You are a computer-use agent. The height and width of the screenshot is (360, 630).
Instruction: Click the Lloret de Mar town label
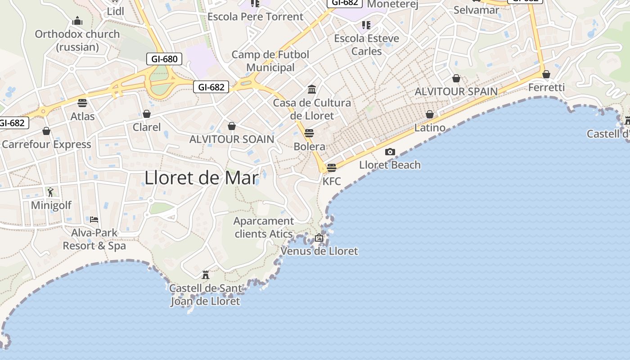coord(202,178)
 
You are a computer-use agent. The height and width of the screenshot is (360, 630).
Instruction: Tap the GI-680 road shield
coord(164,59)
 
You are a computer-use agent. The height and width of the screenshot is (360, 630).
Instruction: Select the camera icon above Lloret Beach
coord(390,152)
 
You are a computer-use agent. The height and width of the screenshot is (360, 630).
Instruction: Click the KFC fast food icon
coord(332,168)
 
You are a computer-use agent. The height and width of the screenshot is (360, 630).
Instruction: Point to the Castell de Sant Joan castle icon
coord(206,274)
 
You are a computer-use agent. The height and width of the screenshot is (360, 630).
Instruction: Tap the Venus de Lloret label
coord(319,251)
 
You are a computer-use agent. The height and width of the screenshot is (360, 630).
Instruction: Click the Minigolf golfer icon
coord(50,192)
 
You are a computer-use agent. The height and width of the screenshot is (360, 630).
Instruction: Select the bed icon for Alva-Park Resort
coord(94,219)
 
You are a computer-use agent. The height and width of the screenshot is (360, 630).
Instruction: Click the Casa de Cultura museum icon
coord(312,89)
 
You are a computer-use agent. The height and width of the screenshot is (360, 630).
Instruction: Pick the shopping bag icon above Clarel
coord(147,114)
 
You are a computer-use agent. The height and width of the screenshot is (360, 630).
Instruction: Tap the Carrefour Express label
coord(46,144)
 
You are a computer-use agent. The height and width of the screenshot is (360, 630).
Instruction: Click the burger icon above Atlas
coord(82,103)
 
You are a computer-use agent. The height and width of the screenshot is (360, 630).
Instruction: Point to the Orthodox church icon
coord(77,21)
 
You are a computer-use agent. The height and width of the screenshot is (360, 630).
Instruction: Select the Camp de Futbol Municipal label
coord(270,61)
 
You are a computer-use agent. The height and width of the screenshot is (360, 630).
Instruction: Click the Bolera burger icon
coord(309,133)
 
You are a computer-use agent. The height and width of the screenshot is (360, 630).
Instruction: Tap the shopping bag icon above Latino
coord(430,114)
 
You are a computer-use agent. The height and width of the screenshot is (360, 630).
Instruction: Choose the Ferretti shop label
coord(546,87)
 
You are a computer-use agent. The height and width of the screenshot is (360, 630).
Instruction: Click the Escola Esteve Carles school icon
coord(366,25)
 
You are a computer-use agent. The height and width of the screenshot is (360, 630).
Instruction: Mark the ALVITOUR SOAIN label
coord(232,139)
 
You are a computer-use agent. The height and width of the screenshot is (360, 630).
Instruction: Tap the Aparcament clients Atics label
coord(264,227)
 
